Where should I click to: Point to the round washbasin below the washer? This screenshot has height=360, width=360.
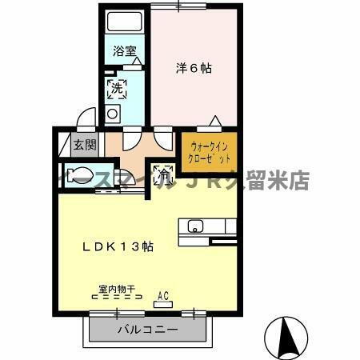click(x=112, y=114)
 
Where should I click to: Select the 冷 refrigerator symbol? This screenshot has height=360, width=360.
click(x=164, y=171)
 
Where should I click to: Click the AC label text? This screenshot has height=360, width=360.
click(x=164, y=294)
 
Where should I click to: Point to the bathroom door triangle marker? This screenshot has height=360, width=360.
click(x=136, y=61)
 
